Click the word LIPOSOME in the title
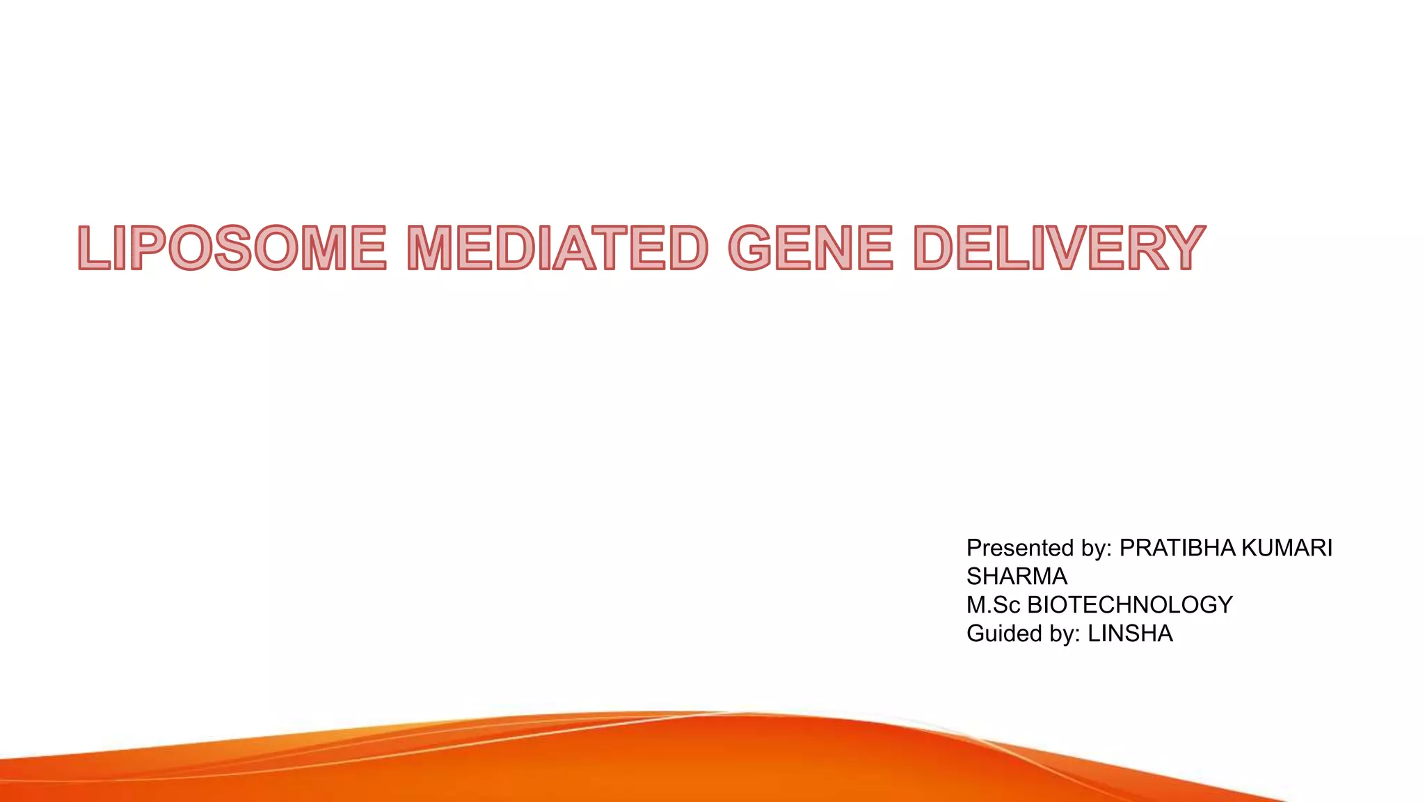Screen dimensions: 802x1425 click(x=232, y=248)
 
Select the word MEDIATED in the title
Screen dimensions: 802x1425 click(x=557, y=248)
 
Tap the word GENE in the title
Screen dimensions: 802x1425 click(x=810, y=248)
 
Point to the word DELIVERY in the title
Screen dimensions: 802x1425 click(x=1058, y=248)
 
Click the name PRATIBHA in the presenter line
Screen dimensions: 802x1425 click(x=1177, y=548)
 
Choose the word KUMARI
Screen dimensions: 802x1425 click(x=1287, y=548)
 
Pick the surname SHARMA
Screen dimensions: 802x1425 click(x=1017, y=576)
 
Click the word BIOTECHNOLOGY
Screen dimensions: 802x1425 click(x=1130, y=605)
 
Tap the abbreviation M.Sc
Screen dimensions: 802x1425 click(x=993, y=605)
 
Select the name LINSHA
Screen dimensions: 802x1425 click(x=1130, y=634)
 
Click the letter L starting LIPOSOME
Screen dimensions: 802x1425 click(x=94, y=248)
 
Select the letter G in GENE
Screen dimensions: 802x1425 click(x=753, y=248)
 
